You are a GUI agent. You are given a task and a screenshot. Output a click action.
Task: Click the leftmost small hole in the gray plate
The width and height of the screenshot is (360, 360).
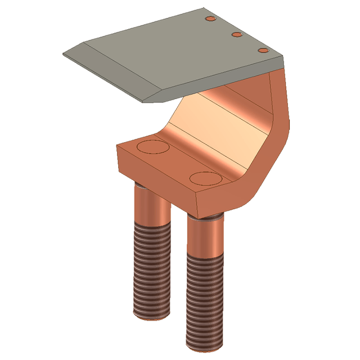pyautogui.click(x=211, y=19)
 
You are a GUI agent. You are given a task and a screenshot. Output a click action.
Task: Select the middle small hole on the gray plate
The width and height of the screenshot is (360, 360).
pyautogui.click(x=237, y=35)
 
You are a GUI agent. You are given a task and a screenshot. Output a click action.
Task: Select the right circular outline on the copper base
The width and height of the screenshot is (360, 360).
pyautogui.click(x=206, y=178)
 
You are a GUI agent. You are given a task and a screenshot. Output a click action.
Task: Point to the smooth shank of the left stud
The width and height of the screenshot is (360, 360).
pyautogui.click(x=151, y=205)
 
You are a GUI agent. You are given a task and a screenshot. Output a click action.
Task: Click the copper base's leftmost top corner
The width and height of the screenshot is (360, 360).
pyautogui.click(x=117, y=147)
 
